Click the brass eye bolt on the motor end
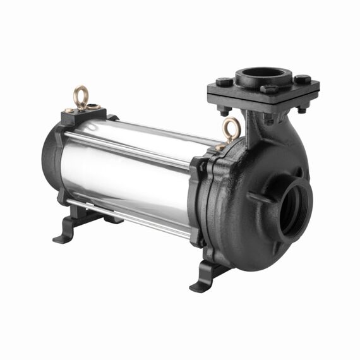click(80, 96)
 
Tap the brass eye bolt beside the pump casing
click(232, 129)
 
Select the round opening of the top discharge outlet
click(264, 74)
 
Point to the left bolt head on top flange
click(224, 82)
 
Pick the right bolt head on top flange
click(303, 80)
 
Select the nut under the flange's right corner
click(302, 108)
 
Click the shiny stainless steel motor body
click(126, 171)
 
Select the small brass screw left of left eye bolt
click(68, 111)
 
